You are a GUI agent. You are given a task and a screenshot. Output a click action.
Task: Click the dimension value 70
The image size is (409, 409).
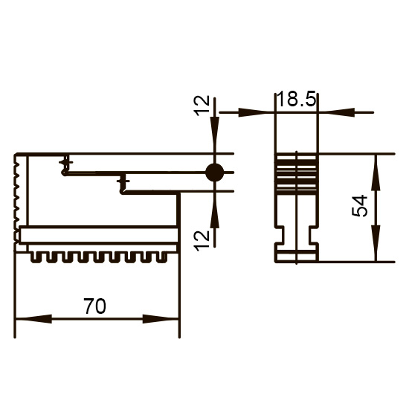[x=94, y=306]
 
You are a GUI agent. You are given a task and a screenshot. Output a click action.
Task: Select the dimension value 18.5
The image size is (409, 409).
[x=296, y=99]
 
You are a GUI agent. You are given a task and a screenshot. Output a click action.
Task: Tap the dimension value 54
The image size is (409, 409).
[x=359, y=205]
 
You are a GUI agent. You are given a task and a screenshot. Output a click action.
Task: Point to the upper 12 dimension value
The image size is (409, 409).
[x=202, y=106]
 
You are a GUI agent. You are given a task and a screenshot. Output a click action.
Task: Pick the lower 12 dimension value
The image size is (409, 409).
[x=202, y=241]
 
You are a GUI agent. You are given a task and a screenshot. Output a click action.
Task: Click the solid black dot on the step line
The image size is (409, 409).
[x=214, y=173]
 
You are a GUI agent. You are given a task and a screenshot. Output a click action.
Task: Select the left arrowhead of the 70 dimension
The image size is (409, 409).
[x=34, y=319]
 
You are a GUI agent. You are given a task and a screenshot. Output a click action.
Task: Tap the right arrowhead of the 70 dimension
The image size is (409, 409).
[x=161, y=319]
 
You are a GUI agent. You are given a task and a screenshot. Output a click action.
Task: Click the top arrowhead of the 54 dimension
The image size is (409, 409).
[x=376, y=173]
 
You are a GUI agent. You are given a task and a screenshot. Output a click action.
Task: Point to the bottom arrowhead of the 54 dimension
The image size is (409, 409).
[x=376, y=243]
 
